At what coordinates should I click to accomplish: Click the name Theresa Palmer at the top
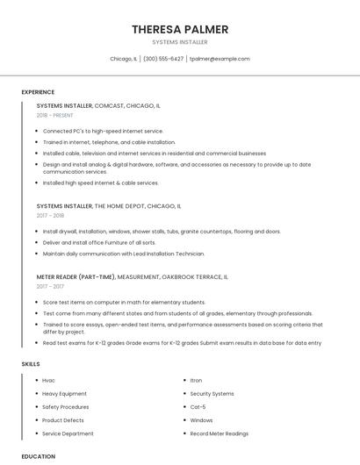coord(180,29)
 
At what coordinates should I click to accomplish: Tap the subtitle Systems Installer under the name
coord(180,42)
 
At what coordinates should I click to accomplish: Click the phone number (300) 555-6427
coord(163,59)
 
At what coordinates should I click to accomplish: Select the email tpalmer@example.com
coord(220,59)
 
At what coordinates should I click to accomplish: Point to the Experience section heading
coord(38,92)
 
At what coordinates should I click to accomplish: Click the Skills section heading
coord(30,363)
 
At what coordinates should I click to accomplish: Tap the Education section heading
coord(39,456)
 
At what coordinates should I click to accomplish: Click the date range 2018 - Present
coord(55,115)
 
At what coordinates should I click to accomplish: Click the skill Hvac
coord(48,380)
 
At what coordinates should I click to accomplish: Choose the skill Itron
coord(196,380)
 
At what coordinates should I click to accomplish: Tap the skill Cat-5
coord(198,407)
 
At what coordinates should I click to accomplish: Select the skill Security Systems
coord(212,394)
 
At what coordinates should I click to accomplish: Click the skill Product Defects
coord(62,420)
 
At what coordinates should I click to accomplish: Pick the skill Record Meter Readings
coord(219,434)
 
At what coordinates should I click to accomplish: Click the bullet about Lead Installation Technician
coord(123,254)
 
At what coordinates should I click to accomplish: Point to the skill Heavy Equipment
coord(65,394)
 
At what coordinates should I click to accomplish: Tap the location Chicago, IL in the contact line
coord(123,59)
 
